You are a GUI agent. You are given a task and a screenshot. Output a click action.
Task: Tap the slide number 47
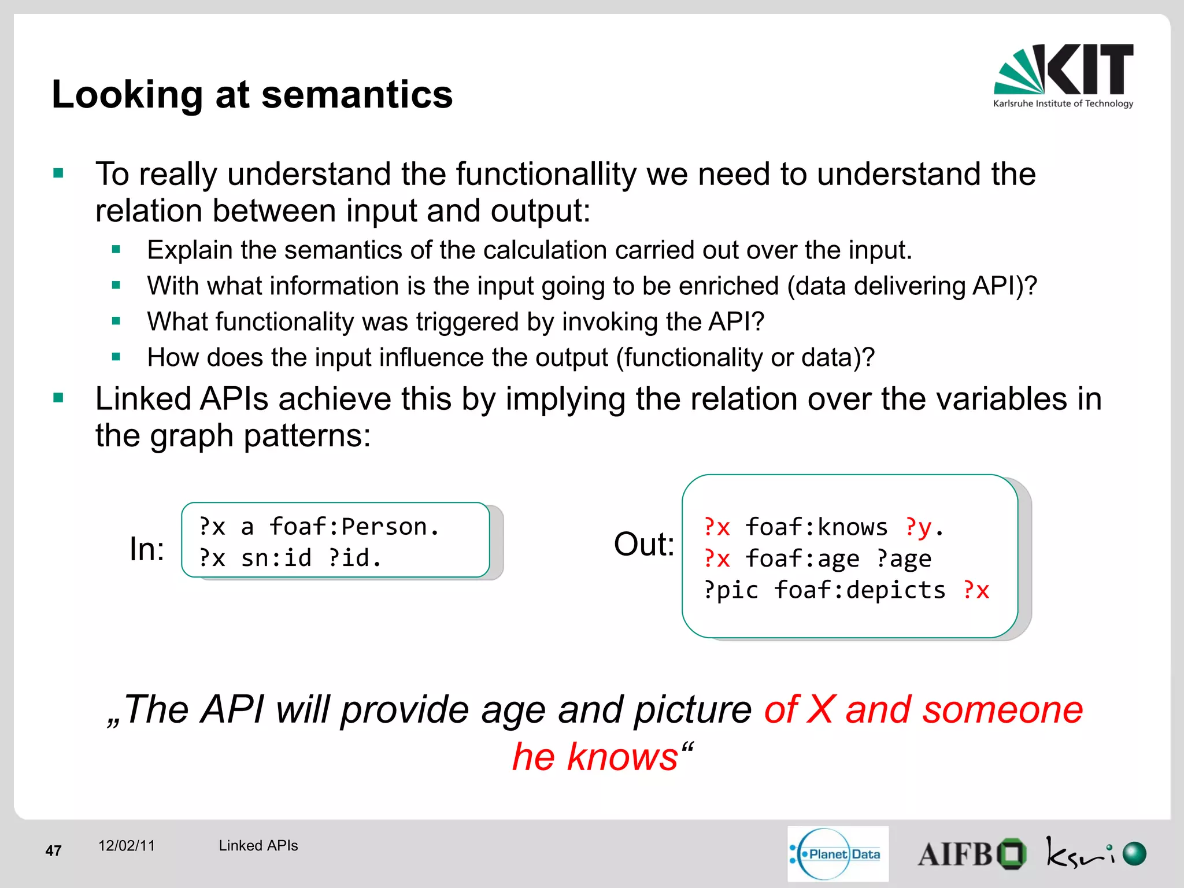53,850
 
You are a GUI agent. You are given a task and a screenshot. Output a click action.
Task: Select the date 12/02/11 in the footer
127,846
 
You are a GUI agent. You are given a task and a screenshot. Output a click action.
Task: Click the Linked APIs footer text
258,846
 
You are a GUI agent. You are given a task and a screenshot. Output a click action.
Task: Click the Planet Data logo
838,854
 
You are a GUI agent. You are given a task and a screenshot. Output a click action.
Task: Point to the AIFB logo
971,854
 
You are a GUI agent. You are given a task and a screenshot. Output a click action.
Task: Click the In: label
147,549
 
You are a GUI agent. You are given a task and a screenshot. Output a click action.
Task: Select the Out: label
643,544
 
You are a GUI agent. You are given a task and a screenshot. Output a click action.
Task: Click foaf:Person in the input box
354,527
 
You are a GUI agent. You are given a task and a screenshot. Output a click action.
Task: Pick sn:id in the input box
276,558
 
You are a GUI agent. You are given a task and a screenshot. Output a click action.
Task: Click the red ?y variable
919,527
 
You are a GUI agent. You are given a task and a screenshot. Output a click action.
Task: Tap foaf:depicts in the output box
860,590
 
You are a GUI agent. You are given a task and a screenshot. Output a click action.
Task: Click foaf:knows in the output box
816,527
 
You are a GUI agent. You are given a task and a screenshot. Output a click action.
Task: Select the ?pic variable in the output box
731,590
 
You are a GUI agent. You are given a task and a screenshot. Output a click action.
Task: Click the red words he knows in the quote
595,756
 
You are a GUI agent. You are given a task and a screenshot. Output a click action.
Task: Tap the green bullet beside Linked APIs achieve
58,398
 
